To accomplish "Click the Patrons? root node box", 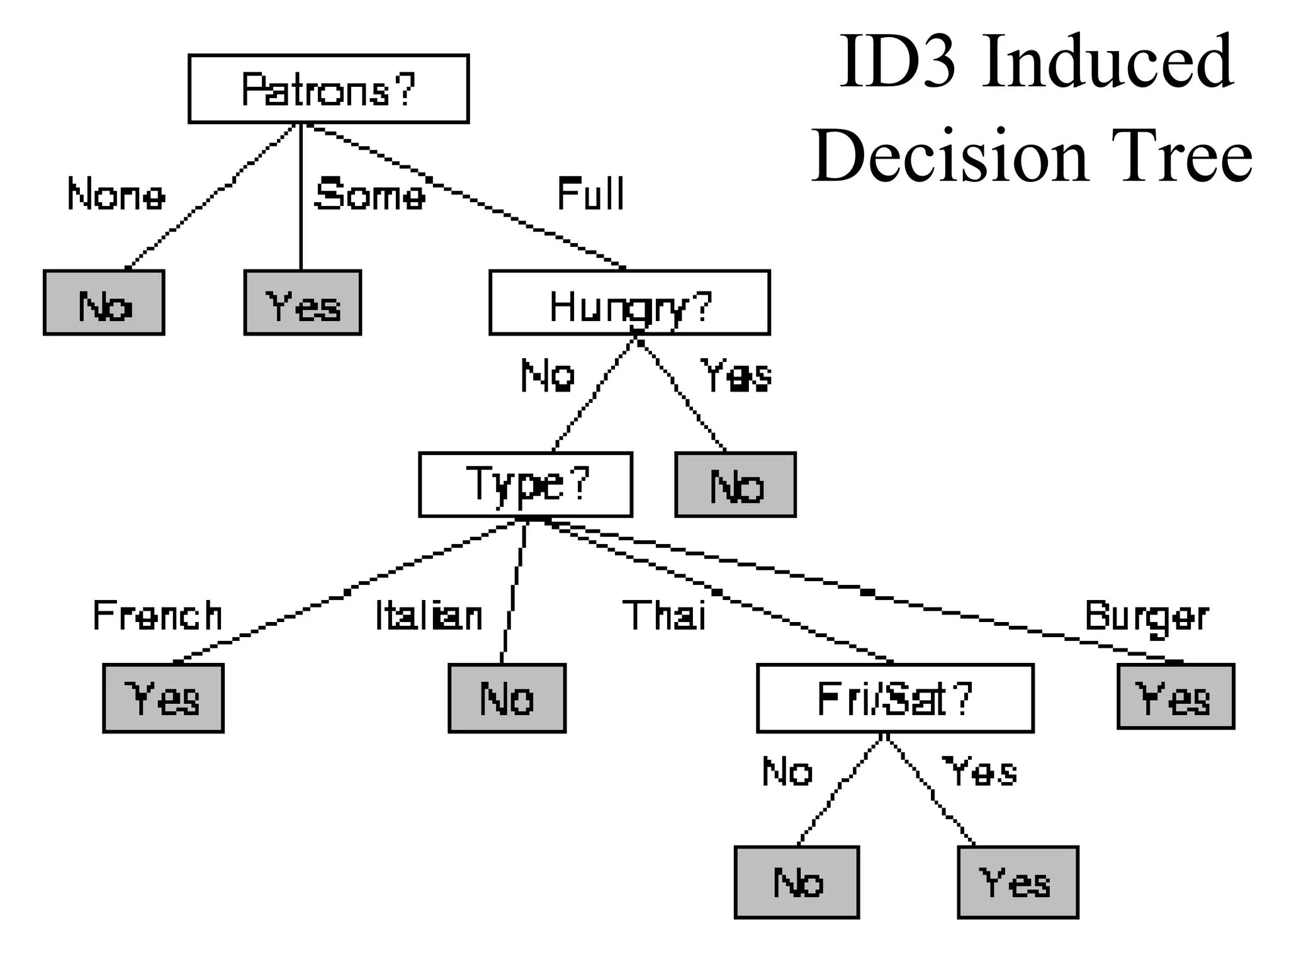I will click(x=329, y=89).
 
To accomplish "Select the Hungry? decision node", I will click(x=629, y=303).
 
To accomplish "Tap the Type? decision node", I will click(x=526, y=484).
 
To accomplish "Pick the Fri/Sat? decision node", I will click(x=895, y=698).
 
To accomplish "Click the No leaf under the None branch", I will click(x=104, y=303).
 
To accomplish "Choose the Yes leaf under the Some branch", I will click(x=303, y=303).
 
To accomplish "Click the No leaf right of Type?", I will click(x=735, y=485).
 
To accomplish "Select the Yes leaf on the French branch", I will click(x=163, y=698).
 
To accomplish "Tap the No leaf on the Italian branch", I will click(x=507, y=698).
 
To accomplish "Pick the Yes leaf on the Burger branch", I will click(x=1176, y=696).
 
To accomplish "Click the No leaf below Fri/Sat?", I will click(x=797, y=882).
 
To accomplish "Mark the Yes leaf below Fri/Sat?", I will click(x=1018, y=882).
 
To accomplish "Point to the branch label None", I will click(x=116, y=195).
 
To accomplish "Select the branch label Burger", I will click(x=1146, y=616).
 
